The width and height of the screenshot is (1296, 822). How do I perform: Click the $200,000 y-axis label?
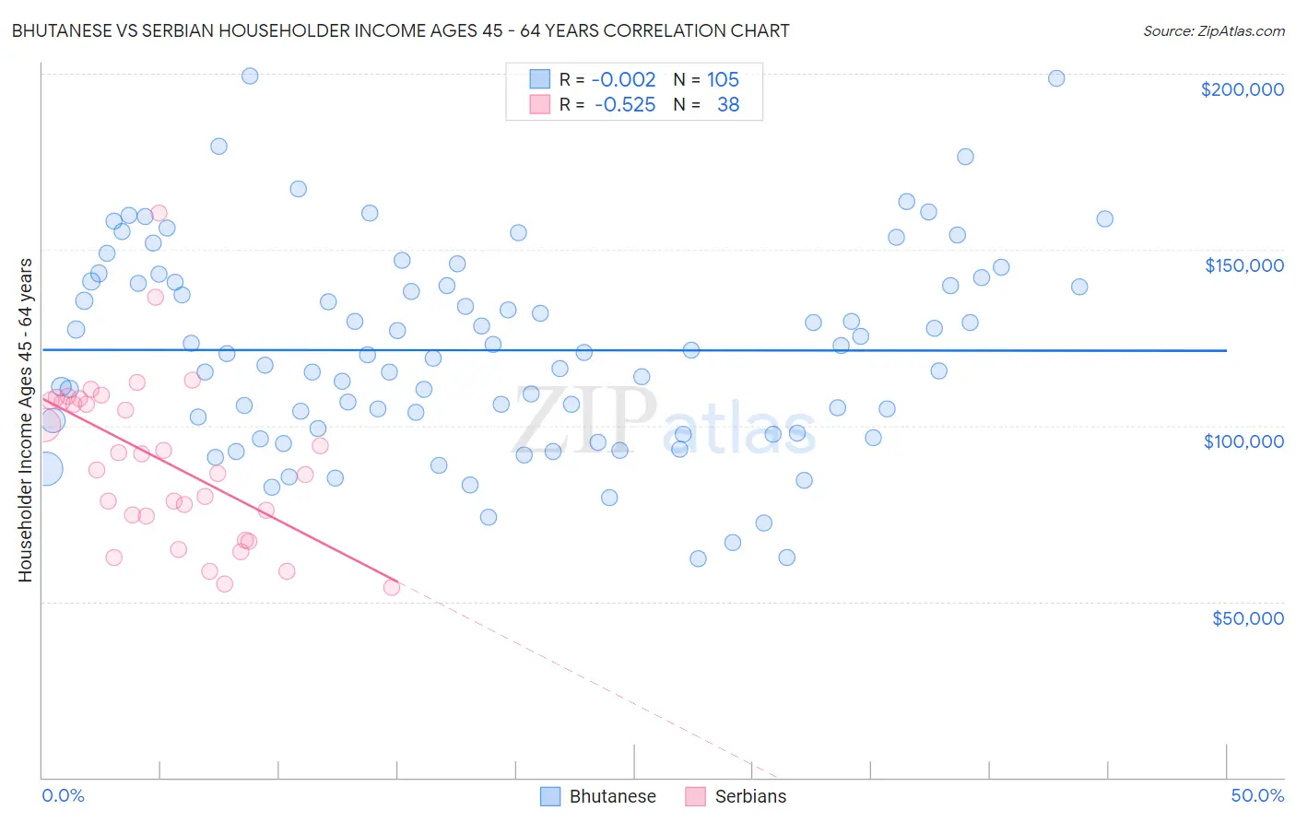(x=1242, y=89)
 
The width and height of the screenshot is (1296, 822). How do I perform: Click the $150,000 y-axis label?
(x=1243, y=265)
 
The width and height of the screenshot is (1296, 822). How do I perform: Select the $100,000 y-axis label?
(x=1243, y=441)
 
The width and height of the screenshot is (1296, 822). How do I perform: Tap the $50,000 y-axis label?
(x=1247, y=617)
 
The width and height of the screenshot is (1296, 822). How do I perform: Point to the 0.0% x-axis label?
(x=63, y=795)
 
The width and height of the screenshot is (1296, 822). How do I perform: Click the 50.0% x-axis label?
(x=1257, y=795)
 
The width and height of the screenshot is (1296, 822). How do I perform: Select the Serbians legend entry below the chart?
(x=736, y=796)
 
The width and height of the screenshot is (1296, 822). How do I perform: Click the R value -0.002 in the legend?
(x=623, y=79)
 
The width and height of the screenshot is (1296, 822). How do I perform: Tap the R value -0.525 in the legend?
(x=625, y=104)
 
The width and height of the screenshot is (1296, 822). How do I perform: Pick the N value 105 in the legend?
(x=723, y=79)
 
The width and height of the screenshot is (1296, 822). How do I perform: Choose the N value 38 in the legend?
(x=728, y=104)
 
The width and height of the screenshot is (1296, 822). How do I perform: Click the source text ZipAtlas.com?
(x=1214, y=30)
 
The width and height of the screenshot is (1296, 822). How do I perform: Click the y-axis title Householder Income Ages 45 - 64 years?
(x=25, y=420)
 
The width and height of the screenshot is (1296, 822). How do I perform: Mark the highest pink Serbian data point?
(x=159, y=213)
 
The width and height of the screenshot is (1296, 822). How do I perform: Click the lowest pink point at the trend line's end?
(x=391, y=587)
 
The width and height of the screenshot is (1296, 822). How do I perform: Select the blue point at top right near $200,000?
(x=1056, y=78)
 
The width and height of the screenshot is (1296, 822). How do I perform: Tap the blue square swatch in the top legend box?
(x=539, y=79)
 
